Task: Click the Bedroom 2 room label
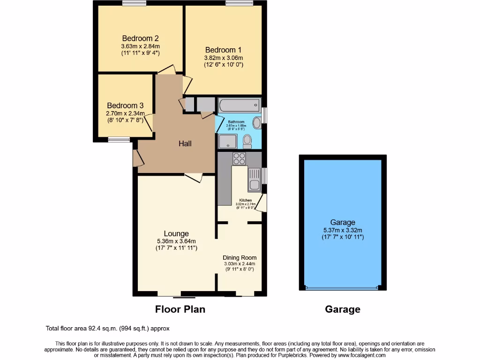coord(140,38)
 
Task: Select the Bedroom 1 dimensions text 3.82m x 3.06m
coord(223,58)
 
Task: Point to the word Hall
coord(185,143)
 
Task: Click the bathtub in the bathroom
coord(239,105)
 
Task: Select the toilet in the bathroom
coord(247,140)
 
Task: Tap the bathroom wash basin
coord(257,123)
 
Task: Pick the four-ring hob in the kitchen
coord(240,159)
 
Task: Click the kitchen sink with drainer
coord(254,180)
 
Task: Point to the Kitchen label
coord(246,200)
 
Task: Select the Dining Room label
coord(240,257)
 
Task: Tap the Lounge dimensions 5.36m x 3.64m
coord(176,241)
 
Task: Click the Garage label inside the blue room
coord(342,222)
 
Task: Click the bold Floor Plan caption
coord(180,309)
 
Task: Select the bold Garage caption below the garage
coord(343,309)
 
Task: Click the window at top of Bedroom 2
coord(134,3)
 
